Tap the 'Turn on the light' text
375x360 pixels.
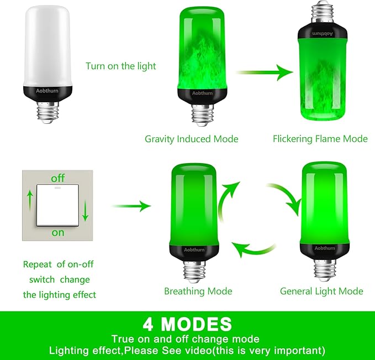(121, 66)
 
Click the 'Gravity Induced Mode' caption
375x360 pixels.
(192, 139)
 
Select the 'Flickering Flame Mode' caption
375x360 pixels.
(320, 139)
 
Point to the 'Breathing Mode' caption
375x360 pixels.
(198, 291)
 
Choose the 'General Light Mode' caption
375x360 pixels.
(321, 291)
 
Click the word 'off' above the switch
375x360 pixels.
(58, 179)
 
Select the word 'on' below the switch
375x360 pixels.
(58, 232)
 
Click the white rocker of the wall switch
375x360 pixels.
(58, 206)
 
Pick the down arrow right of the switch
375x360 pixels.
(86, 211)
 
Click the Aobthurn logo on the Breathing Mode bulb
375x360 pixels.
(191, 250)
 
